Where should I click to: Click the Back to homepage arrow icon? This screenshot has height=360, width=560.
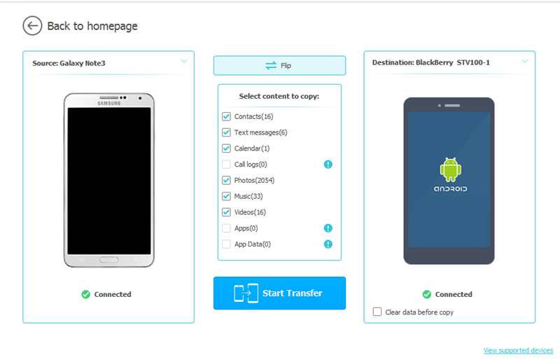pos(32,26)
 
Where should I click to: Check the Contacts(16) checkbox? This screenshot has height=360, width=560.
pos(226,116)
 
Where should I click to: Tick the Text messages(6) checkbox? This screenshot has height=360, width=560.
pos(226,132)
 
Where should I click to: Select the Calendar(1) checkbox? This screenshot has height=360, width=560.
pos(226,148)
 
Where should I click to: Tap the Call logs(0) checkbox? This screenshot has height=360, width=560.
pos(226,165)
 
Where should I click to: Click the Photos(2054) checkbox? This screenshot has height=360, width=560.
pos(226,180)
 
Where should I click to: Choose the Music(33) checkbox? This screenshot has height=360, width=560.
pos(226,196)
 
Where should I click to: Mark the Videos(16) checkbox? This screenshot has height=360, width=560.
pos(226,212)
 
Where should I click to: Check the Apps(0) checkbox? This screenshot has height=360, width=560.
pos(226,228)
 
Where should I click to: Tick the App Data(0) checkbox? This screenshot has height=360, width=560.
pos(226,244)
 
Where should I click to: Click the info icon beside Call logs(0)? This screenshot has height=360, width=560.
pos(328,165)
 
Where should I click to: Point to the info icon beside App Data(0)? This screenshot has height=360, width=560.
pos(328,244)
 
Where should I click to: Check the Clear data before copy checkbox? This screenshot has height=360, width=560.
pos(378,312)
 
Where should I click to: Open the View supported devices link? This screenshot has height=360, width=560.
pos(518,350)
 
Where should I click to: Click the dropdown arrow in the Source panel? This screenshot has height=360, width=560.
pos(184,62)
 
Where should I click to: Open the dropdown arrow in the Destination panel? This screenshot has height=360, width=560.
pos(525,62)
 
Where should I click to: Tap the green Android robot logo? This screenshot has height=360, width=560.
pos(449,169)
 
